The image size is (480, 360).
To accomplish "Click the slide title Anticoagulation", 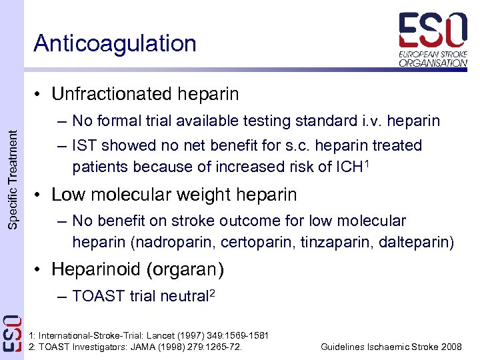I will pos(115,43).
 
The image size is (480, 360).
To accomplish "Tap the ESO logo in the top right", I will pos(433,39).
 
